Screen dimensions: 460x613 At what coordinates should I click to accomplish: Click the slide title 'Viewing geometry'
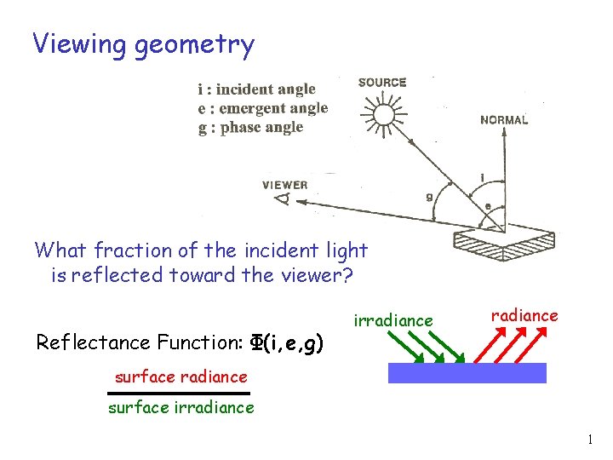click(x=143, y=43)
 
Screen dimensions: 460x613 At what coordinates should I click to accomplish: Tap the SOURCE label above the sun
click(x=382, y=83)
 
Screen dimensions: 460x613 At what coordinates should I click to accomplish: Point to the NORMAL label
click(x=504, y=120)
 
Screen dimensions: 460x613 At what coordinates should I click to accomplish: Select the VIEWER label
click(x=284, y=185)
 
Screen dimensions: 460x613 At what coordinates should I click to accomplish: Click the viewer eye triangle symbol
click(x=281, y=200)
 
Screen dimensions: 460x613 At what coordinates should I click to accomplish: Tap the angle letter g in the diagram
click(x=428, y=198)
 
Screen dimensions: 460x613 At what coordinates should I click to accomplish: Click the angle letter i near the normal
click(x=483, y=177)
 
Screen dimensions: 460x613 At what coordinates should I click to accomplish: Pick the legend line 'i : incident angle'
click(x=255, y=89)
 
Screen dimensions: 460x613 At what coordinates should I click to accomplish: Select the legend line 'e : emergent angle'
click(x=261, y=108)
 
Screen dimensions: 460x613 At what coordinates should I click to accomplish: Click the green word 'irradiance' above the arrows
click(x=392, y=320)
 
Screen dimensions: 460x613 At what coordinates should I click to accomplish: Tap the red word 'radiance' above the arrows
click(x=524, y=316)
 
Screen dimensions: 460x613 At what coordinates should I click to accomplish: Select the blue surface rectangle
click(x=467, y=373)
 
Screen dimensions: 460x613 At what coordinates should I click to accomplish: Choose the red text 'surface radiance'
click(x=180, y=377)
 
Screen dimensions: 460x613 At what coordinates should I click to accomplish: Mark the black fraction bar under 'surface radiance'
click(x=178, y=393)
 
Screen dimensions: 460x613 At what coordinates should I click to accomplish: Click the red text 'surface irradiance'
click(x=180, y=407)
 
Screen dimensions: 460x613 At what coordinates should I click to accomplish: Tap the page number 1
click(x=588, y=440)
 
